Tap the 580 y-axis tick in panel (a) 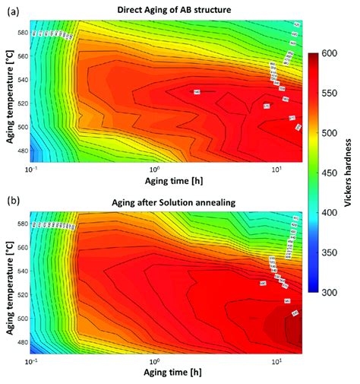click(24, 33)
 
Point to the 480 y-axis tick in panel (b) click(24, 342)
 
